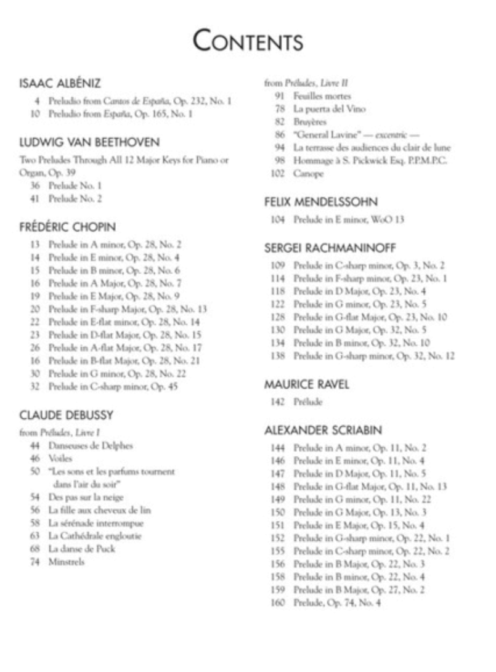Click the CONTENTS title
click(x=248, y=42)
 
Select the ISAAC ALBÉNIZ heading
click(x=60, y=83)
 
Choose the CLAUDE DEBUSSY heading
click(x=66, y=415)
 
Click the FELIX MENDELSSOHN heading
click(x=321, y=202)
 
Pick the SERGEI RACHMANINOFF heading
click(x=330, y=248)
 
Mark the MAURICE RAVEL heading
click(x=306, y=384)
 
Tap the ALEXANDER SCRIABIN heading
click(x=325, y=430)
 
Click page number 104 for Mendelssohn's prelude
click(x=278, y=219)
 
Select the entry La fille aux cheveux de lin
click(x=99, y=511)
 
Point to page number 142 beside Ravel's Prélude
click(x=278, y=402)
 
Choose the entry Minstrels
click(x=67, y=562)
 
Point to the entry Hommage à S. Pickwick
click(x=370, y=161)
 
